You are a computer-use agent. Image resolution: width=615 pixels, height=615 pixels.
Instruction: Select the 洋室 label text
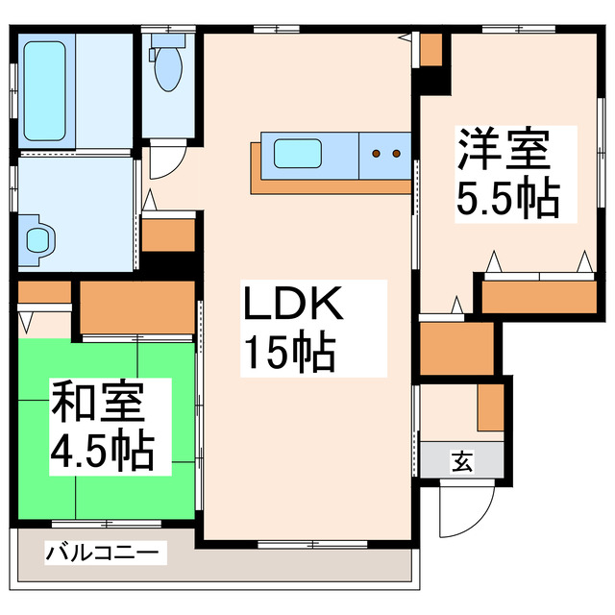tap(503, 150)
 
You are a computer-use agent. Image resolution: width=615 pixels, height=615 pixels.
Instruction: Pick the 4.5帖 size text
tap(102, 450)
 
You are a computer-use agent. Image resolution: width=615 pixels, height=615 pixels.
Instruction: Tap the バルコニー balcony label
tap(106, 553)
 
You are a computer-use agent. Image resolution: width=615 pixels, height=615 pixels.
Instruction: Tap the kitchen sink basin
tap(300, 153)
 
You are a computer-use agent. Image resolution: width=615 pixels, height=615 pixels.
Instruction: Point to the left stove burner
tap(378, 153)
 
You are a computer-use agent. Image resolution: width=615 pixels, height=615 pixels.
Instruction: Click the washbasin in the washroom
tap(37, 240)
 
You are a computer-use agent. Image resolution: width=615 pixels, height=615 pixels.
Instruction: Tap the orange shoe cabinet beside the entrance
tap(490, 406)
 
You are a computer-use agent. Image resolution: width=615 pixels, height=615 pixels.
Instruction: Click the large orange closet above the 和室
tap(137, 307)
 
